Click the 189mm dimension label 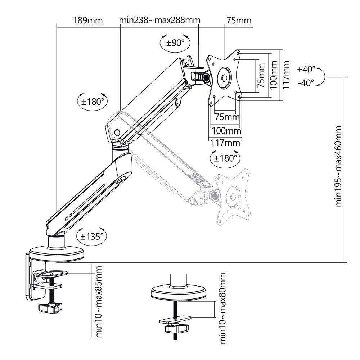[x=88, y=20]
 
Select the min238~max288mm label [x=159, y=20]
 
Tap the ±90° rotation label [x=175, y=43]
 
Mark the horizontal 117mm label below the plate [x=225, y=143]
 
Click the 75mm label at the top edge [x=238, y=20]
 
